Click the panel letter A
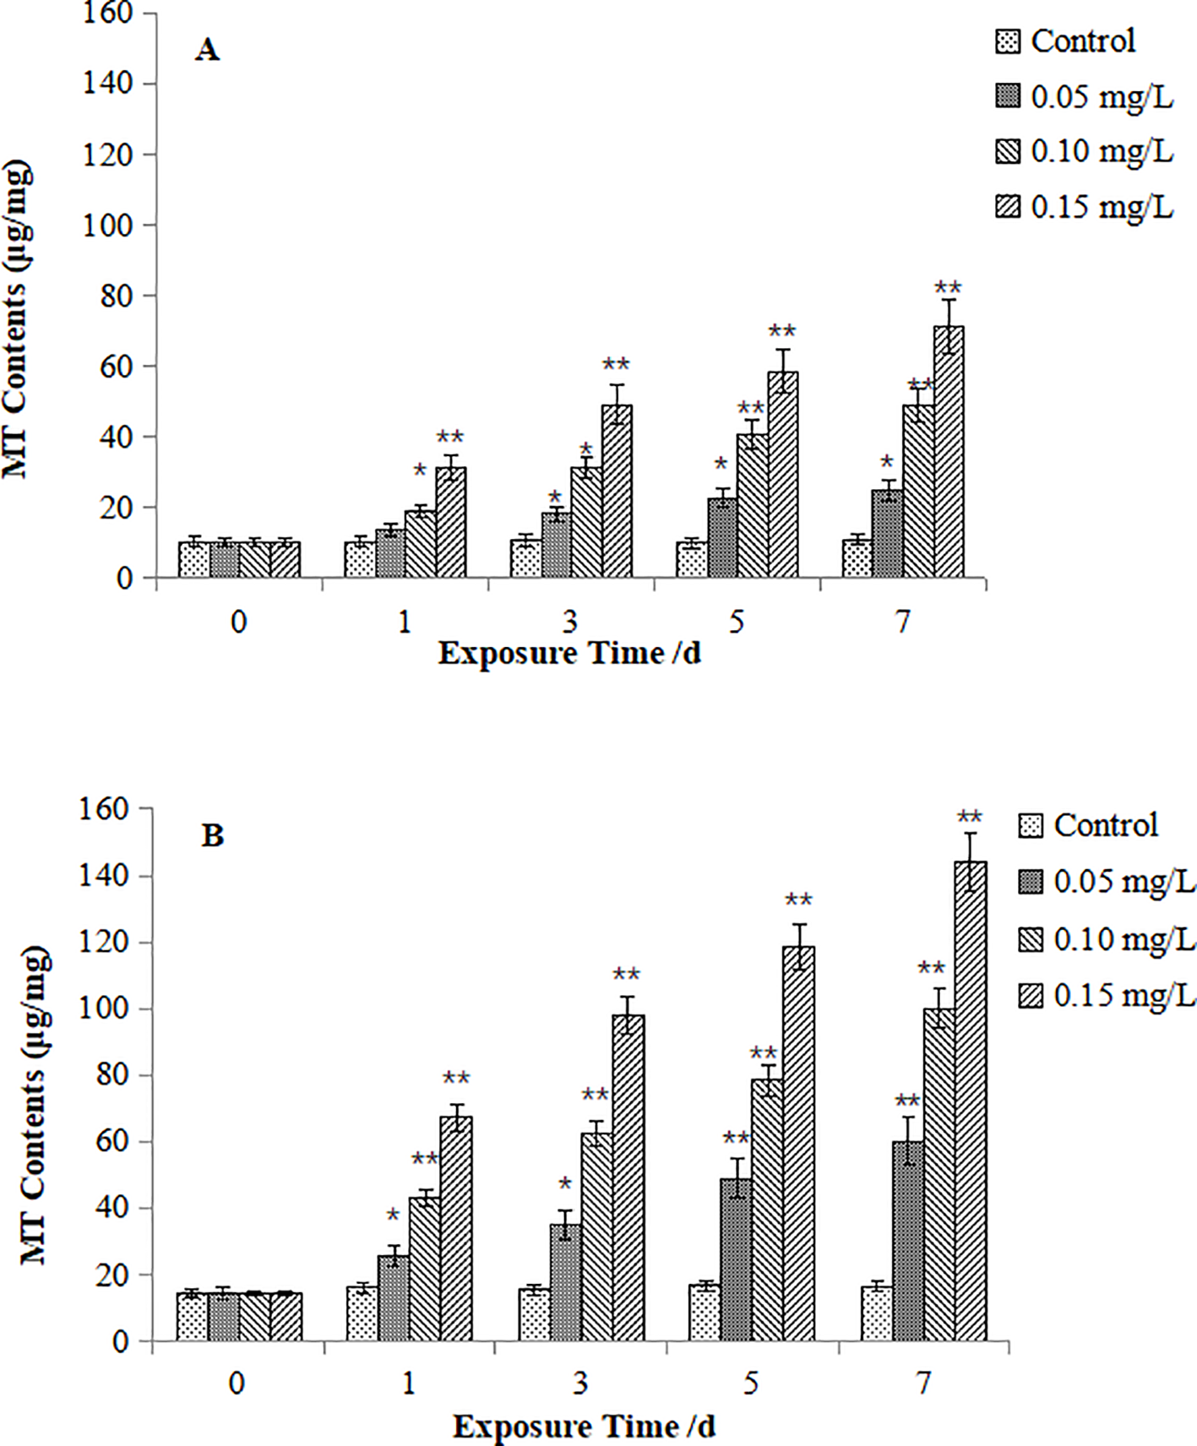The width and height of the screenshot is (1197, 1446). pyautogui.click(x=207, y=51)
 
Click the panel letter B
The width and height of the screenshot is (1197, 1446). pyautogui.click(x=212, y=835)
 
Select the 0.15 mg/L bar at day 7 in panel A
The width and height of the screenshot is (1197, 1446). pyautogui.click(x=949, y=453)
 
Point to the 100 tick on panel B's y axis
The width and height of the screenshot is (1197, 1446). pyautogui.click(x=105, y=1009)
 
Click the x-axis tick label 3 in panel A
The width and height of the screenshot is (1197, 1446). pyautogui.click(x=570, y=622)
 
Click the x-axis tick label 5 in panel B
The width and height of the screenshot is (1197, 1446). pyautogui.click(x=751, y=1383)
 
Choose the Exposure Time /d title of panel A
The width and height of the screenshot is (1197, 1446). pyautogui.click(x=569, y=653)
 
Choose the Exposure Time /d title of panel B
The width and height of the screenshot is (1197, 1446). pyautogui.click(x=584, y=1427)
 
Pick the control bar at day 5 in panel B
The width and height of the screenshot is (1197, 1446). pyautogui.click(x=705, y=1312)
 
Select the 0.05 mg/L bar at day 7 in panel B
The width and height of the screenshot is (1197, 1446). pyautogui.click(x=908, y=1241)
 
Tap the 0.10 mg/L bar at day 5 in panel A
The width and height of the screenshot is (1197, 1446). pyautogui.click(x=752, y=506)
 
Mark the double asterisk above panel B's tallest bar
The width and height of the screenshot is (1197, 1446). pyautogui.click(x=970, y=818)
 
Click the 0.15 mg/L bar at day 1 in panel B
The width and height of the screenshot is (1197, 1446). pyautogui.click(x=456, y=1228)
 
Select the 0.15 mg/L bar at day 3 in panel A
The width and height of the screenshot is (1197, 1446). pyautogui.click(x=617, y=492)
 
